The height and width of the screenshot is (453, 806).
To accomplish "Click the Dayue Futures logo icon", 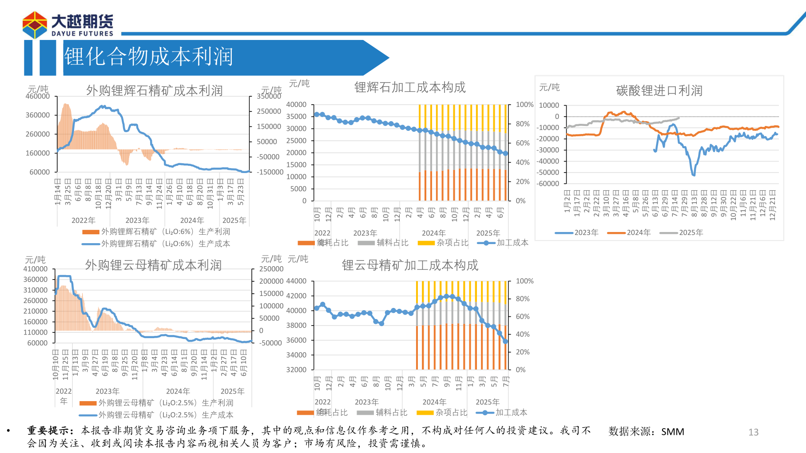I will pyautogui.click(x=35, y=25).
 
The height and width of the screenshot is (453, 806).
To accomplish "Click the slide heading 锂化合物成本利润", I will pyautogui.click(x=148, y=57).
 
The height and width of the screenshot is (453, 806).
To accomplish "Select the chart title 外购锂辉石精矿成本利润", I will pyautogui.click(x=154, y=91).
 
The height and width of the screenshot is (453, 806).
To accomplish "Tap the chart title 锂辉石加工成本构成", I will pyautogui.click(x=410, y=87).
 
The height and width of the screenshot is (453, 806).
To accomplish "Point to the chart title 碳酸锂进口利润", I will pyautogui.click(x=659, y=91).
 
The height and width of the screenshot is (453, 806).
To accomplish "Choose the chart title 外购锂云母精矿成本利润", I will pyautogui.click(x=153, y=265).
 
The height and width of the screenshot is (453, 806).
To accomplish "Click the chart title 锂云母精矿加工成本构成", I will pyautogui.click(x=410, y=265).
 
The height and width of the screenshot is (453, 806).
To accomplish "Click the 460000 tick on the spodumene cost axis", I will pyautogui.click(x=38, y=96).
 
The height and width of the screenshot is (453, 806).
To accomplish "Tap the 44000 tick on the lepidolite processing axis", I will pyautogui.click(x=296, y=281).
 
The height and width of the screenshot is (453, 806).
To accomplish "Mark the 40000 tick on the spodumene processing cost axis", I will pyautogui.click(x=296, y=105).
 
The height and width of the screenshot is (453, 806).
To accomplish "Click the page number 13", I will pyautogui.click(x=753, y=432).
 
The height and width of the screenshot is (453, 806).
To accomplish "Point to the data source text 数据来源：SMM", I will pyautogui.click(x=646, y=432).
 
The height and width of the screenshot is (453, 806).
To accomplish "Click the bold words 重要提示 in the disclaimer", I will pyautogui.click(x=48, y=430).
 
